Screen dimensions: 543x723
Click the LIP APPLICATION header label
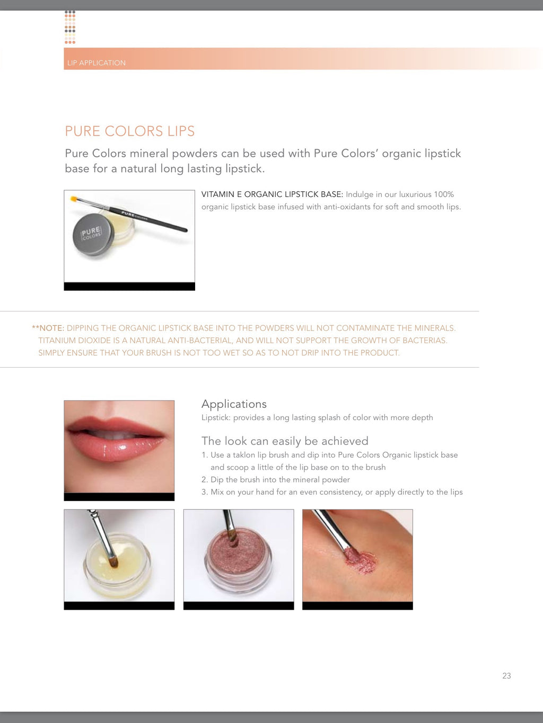(x=97, y=63)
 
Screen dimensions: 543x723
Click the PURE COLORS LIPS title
(x=129, y=131)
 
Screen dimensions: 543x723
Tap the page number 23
(x=506, y=675)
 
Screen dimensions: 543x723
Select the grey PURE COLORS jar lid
(x=93, y=234)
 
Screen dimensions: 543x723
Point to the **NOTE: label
(x=48, y=328)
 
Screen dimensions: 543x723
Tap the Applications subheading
(x=234, y=404)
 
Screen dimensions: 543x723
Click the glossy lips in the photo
(x=116, y=439)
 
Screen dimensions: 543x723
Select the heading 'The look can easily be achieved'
(x=285, y=441)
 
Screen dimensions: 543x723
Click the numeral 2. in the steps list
(x=204, y=479)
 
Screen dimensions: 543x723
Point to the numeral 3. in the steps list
(x=204, y=492)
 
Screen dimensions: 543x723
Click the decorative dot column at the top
(x=70, y=27)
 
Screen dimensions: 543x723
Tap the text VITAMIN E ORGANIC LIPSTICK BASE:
(x=273, y=194)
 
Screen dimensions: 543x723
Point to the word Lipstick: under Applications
(x=216, y=418)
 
